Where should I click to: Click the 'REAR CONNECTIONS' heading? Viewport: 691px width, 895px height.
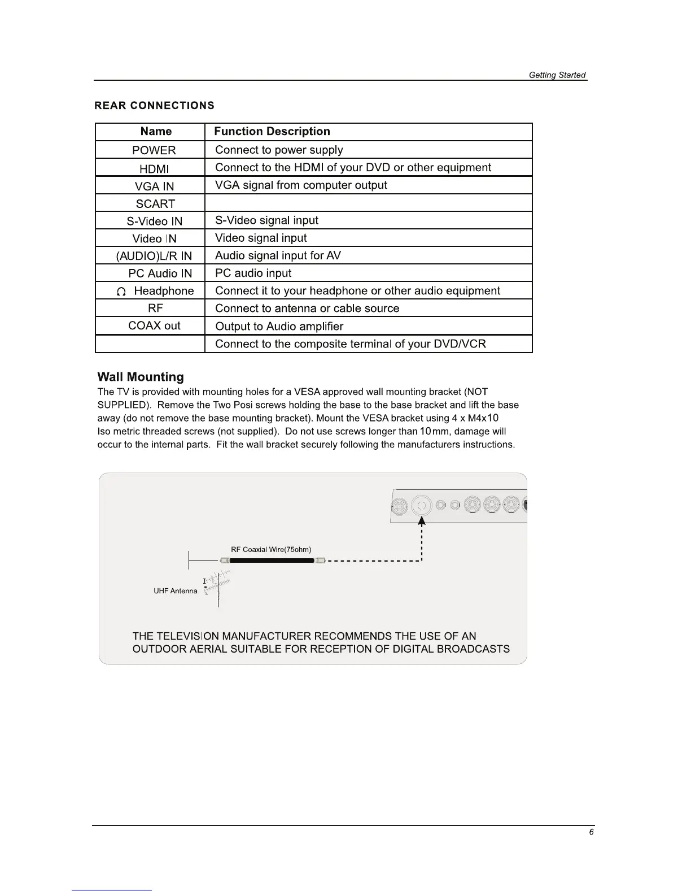coord(154,106)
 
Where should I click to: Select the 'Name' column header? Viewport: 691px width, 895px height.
coord(156,132)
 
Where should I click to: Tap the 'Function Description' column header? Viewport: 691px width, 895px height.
coord(272,132)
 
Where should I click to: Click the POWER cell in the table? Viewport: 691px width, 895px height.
coord(154,150)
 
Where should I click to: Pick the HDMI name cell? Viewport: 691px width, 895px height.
coord(154,168)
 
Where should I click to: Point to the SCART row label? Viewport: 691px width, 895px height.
coord(155,204)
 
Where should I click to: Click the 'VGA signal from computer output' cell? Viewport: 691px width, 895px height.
coord(301,185)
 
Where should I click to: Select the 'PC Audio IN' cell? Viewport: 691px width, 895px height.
coord(160,273)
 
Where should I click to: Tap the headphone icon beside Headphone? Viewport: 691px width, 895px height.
coord(120,292)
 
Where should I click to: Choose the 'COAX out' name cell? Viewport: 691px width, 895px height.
coord(154,326)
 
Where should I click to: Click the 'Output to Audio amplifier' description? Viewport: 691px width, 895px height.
coord(279,327)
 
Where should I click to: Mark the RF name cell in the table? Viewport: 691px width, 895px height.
coord(155,309)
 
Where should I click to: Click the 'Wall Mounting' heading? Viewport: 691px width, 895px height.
coord(141,377)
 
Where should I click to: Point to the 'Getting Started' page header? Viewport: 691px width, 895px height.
coord(557,75)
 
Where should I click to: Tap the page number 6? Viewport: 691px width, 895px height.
coord(591,832)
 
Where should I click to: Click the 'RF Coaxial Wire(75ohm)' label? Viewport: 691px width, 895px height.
coord(271,550)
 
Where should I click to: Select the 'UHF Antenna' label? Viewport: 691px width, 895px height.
coord(176,591)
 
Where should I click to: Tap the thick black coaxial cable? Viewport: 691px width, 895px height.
coord(272,561)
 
